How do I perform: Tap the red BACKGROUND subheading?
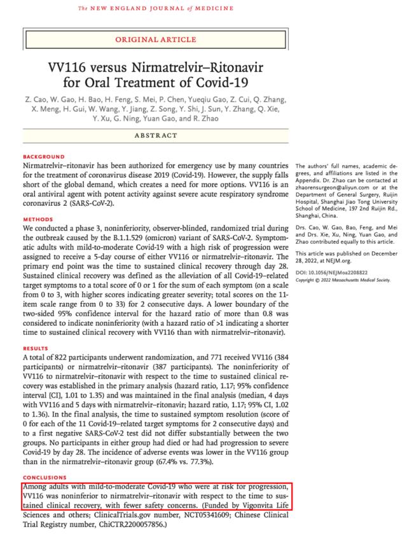[44, 156]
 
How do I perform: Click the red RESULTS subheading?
[36, 349]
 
